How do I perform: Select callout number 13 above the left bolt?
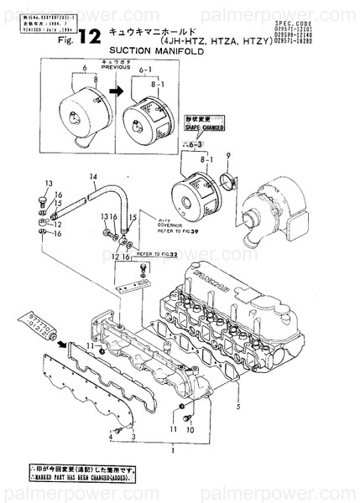coord(49,182)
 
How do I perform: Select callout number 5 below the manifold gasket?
coord(239,407)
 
